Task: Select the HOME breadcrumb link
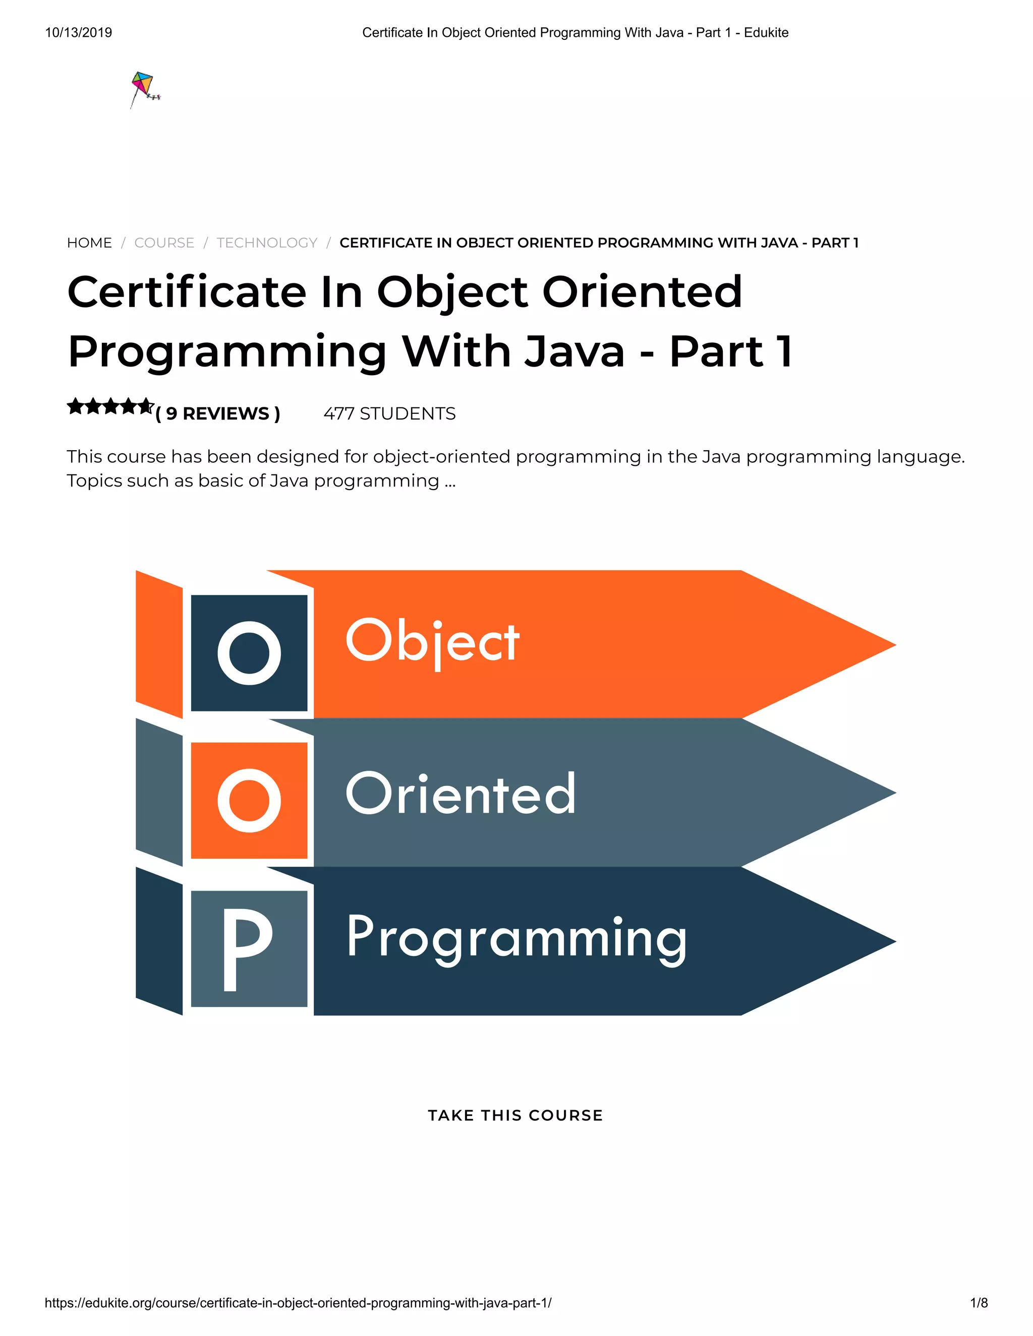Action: [89, 243]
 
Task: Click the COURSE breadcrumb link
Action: [164, 243]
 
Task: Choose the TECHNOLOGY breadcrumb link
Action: [267, 243]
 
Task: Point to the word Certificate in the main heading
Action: [186, 292]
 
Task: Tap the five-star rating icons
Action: [109, 407]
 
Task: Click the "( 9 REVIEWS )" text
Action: [218, 414]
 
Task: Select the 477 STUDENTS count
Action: [389, 414]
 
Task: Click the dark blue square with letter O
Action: [249, 653]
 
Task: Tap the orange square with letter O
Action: [249, 800]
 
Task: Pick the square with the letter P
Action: [249, 948]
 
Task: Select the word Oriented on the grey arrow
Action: [460, 794]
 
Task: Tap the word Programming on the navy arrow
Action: [516, 937]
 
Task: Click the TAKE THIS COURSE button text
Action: [515, 1115]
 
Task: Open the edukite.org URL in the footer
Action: [298, 1303]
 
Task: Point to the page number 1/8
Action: [979, 1303]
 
